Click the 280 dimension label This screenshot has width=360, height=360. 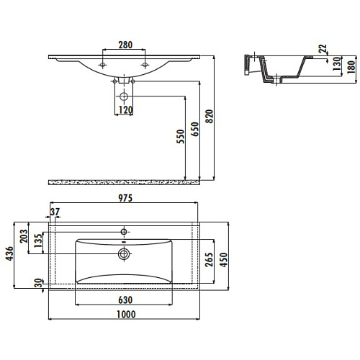(x=125, y=45)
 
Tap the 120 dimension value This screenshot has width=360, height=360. (x=126, y=110)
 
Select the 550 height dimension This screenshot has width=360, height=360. (x=181, y=137)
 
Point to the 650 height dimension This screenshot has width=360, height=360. (x=195, y=129)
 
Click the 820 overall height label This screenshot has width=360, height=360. (x=210, y=117)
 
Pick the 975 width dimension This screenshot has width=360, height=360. (x=125, y=198)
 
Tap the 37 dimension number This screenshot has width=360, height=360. (x=55, y=212)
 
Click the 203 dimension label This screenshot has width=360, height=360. (x=24, y=236)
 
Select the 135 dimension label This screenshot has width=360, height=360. (x=38, y=241)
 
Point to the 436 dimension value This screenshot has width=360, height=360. (x=9, y=253)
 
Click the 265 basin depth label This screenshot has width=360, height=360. (x=209, y=259)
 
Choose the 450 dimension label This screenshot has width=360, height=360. (x=223, y=259)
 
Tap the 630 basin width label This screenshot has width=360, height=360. (x=125, y=300)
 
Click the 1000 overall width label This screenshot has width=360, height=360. (x=126, y=315)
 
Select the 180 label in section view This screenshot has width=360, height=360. (x=351, y=67)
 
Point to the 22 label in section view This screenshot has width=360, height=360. (x=323, y=49)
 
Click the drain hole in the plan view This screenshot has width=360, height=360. (x=124, y=253)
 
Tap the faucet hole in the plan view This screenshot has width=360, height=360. (x=124, y=232)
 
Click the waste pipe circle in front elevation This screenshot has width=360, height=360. (x=124, y=96)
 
